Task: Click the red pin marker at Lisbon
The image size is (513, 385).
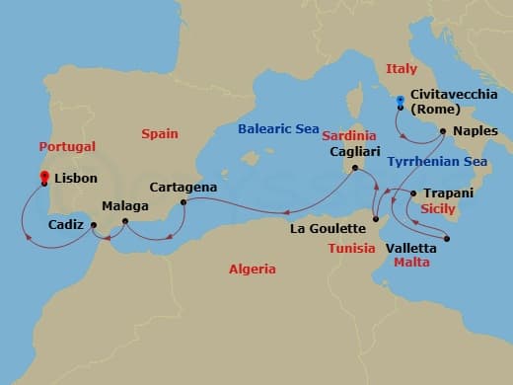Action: (x=44, y=178)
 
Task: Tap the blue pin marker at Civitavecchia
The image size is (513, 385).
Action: (x=400, y=101)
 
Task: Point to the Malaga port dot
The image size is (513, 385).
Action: (x=125, y=221)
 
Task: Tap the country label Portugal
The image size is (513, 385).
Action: (x=67, y=145)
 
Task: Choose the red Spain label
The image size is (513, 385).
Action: (x=160, y=132)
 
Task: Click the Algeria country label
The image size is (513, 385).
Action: (x=252, y=269)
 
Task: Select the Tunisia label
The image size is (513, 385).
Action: (x=352, y=248)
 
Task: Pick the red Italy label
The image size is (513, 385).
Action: (x=402, y=68)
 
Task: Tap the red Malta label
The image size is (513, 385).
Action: (x=411, y=264)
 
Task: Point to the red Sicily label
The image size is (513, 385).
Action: (x=437, y=209)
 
